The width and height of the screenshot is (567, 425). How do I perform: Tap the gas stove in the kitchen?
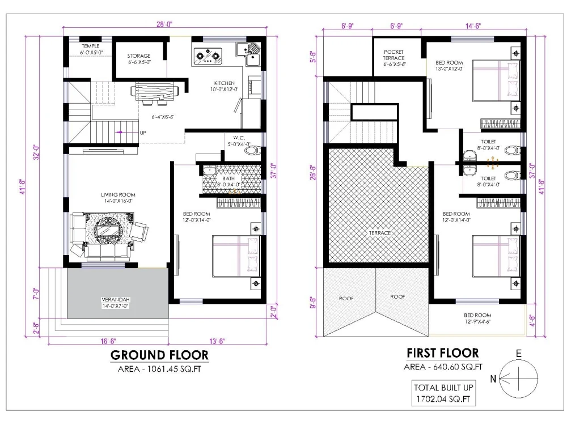(x=208, y=55)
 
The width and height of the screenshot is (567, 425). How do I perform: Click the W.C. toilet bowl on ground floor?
(x=251, y=151)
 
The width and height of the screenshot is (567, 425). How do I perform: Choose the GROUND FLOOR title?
(x=159, y=355)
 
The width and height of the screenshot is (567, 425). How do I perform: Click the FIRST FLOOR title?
(x=442, y=353)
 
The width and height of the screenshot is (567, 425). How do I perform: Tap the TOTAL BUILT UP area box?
(x=443, y=393)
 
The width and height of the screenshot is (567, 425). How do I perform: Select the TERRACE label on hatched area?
(x=379, y=232)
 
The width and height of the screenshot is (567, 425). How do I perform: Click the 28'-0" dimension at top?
(x=164, y=24)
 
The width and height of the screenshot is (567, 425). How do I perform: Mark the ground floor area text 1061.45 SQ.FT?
(x=159, y=369)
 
